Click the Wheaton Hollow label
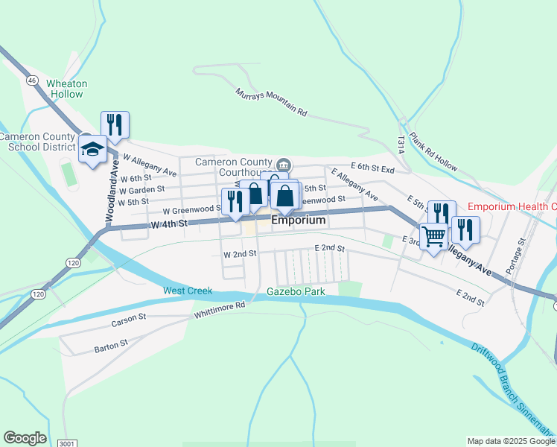click(66, 89)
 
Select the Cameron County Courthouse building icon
click(284, 165)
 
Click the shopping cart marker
click(433, 237)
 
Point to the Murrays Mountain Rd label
click(271, 104)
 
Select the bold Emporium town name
click(299, 221)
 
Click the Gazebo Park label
click(296, 291)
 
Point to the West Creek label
click(188, 291)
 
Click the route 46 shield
click(31, 79)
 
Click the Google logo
click(25, 438)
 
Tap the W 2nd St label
click(240, 253)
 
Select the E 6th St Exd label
click(372, 169)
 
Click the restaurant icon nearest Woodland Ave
click(115, 124)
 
